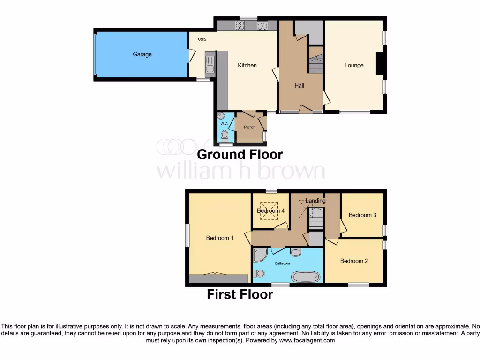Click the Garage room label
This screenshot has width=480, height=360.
142,54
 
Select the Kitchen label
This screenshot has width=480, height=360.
247,65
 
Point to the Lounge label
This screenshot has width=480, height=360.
354,65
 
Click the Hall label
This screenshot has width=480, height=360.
299,85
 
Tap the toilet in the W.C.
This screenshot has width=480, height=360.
225,135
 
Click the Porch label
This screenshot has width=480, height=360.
250,127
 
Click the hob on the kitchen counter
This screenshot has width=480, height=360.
241,26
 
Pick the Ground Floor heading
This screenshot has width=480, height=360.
240,154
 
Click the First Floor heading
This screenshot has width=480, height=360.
240,294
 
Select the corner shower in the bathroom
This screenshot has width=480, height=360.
259,255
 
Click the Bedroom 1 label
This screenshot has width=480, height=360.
220,238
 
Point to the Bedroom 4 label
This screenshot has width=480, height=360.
270,211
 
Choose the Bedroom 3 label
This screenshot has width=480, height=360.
362,215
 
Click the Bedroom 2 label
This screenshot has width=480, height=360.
354,261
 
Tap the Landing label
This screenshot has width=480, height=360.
315,201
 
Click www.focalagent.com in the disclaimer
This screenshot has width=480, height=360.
307,340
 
